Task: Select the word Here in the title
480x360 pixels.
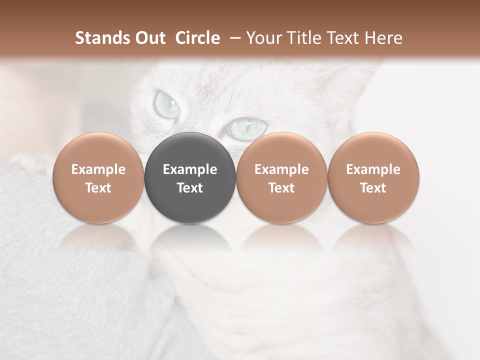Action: [384, 38]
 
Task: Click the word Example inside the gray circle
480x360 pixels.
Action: [190, 169]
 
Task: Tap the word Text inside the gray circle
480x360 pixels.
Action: [190, 188]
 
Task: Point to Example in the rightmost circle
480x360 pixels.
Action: [373, 169]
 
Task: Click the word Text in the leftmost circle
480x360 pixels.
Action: [98, 188]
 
